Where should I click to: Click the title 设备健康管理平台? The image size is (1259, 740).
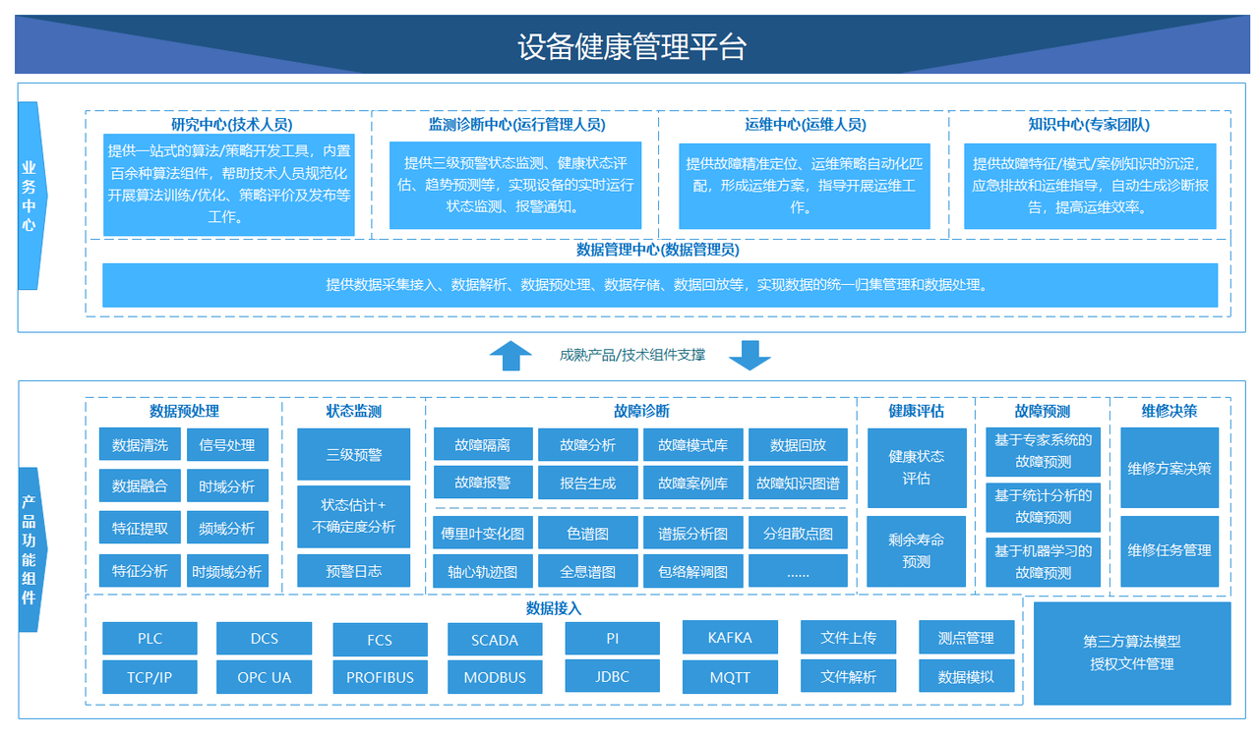[631, 47]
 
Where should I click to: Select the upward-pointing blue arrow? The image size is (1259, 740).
[510, 355]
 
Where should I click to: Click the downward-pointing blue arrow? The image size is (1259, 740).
[749, 355]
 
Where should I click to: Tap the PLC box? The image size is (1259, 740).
[150, 638]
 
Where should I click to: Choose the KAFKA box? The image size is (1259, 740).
[730, 638]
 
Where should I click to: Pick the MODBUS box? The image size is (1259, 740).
[494, 677]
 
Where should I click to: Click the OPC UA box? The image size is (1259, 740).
[264, 677]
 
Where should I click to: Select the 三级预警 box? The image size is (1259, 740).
[353, 454]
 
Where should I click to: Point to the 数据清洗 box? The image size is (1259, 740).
[140, 444]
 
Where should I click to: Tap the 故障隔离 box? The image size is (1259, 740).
[483, 444]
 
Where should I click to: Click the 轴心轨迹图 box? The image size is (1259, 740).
[483, 571]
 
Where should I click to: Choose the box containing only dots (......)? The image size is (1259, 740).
[798, 571]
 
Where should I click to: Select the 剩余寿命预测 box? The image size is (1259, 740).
[916, 551]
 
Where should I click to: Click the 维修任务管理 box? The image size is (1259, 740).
[1169, 550]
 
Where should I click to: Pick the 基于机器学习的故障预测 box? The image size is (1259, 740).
[1043, 562]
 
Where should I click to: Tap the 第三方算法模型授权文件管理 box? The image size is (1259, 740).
[1132, 653]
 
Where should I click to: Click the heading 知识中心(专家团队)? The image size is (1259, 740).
[1088, 125]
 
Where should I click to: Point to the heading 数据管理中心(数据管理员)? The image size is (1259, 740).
[657, 250]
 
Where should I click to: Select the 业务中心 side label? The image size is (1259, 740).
[29, 196]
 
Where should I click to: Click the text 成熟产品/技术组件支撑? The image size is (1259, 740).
[631, 355]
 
